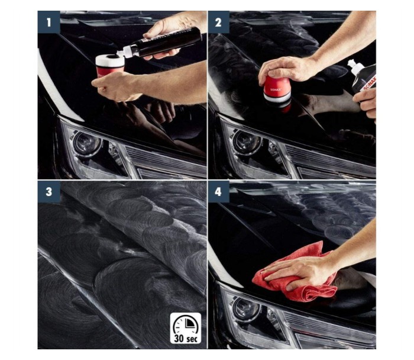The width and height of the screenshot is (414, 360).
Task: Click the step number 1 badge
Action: coord(49,22)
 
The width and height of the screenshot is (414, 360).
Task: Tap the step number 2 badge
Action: coord(218,22)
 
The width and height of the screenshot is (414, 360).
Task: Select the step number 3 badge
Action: coord(49,192)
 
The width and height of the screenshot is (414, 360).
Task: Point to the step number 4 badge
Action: coord(218,192)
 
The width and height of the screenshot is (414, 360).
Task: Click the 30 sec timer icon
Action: coord(186,328)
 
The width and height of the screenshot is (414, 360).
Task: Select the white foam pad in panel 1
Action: coord(110,60)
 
